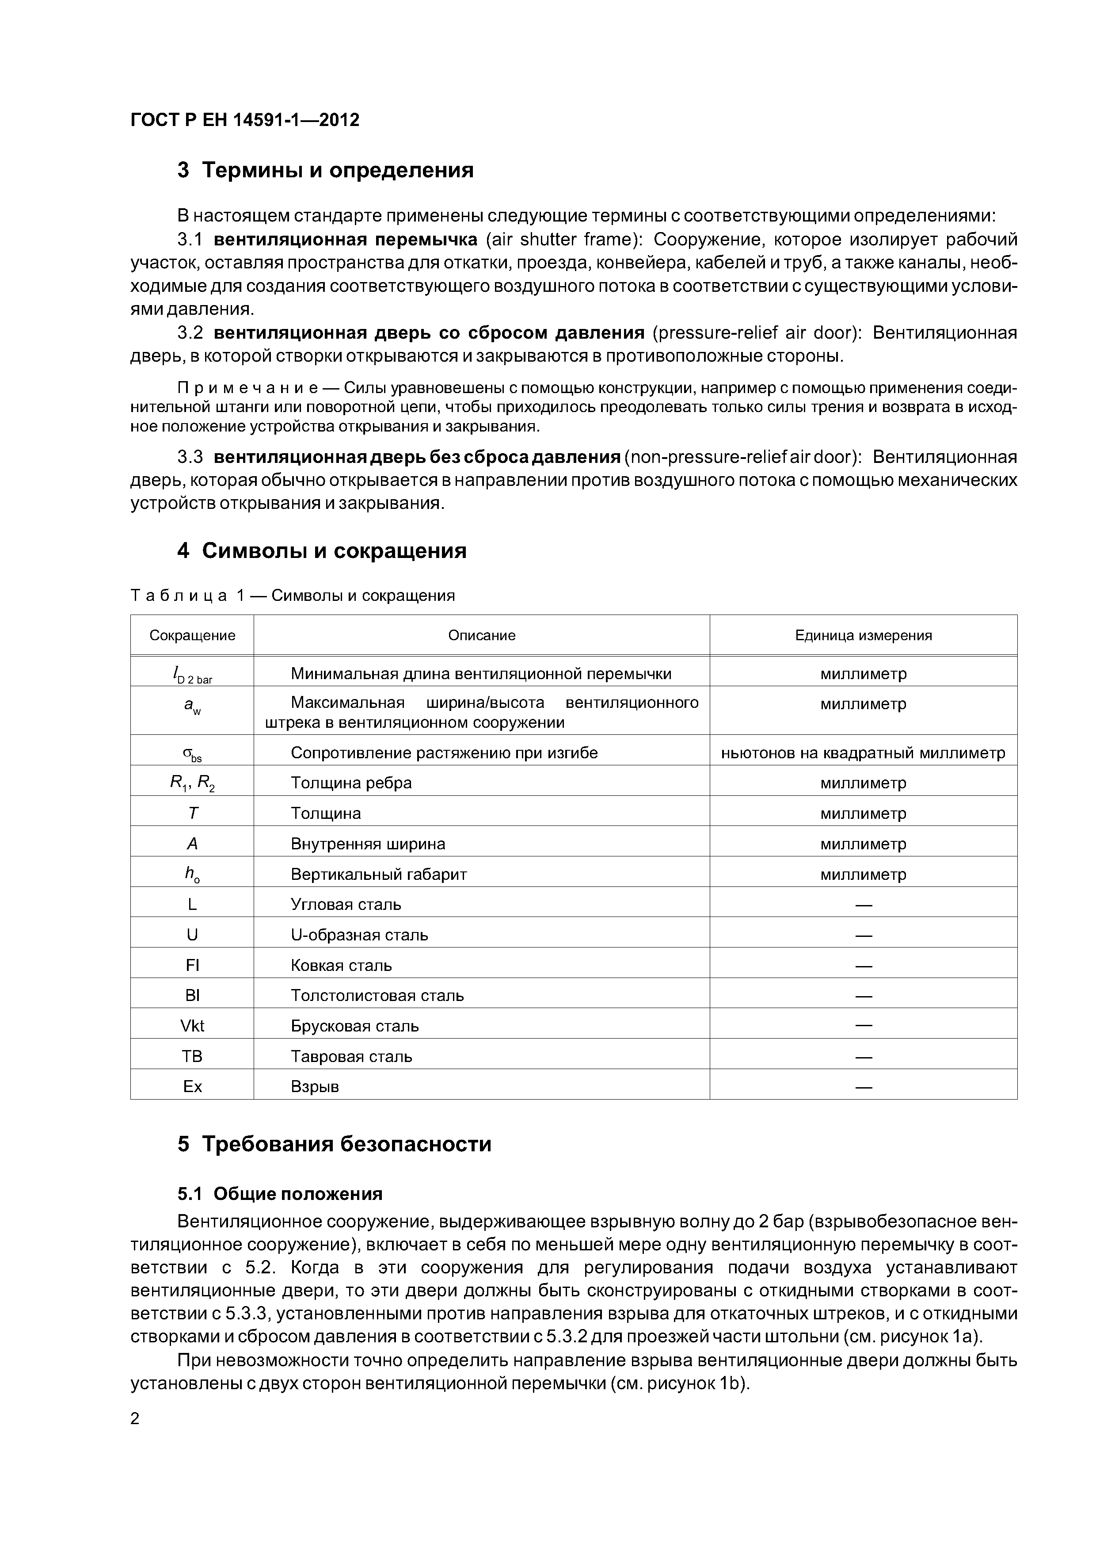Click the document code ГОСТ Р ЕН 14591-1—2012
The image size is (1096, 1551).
click(x=244, y=120)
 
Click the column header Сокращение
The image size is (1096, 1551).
click(x=192, y=635)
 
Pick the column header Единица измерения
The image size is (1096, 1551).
click(x=863, y=635)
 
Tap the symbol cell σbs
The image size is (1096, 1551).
click(x=192, y=754)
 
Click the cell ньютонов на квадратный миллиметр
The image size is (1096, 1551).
click(x=863, y=753)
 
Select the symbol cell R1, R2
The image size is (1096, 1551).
click(x=192, y=783)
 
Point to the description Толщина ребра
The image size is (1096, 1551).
click(x=351, y=783)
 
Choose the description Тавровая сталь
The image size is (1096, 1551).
click(x=351, y=1057)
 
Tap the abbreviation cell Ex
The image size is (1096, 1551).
click(x=192, y=1086)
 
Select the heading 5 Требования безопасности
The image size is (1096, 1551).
click(x=334, y=1144)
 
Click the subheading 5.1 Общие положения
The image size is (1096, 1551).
click(x=280, y=1194)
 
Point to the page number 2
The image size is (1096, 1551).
click(x=135, y=1419)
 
